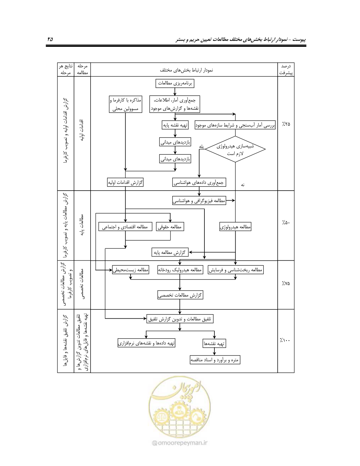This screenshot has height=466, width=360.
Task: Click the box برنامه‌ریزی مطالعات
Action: coord(175,84)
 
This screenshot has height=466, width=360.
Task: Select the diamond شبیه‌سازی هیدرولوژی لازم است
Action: coord(235,149)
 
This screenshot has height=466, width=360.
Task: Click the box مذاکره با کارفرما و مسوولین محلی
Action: coord(125,104)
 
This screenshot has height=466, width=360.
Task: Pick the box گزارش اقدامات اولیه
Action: coord(125,182)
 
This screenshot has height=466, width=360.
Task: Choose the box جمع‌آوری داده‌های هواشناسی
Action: coord(199,182)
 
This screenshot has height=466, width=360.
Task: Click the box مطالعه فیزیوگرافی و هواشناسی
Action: coord(199,201)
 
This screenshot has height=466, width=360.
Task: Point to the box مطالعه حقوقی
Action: coord(170,227)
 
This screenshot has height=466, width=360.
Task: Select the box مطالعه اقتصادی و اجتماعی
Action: coord(125,227)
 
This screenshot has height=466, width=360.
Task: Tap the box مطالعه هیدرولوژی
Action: coord(235,227)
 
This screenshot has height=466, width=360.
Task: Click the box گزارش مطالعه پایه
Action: coord(170,252)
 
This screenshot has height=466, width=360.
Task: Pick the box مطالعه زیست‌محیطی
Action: coord(131,270)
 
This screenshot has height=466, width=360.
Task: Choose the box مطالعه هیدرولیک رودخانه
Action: coord(180,270)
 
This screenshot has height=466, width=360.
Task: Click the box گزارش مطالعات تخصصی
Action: coord(180,295)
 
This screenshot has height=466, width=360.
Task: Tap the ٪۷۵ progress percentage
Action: coord(286,283)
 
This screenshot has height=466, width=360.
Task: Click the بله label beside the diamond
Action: coord(201,147)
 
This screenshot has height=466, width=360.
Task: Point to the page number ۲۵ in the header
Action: coord(50,39)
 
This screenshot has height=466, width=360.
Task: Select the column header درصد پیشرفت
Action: coord(286,69)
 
